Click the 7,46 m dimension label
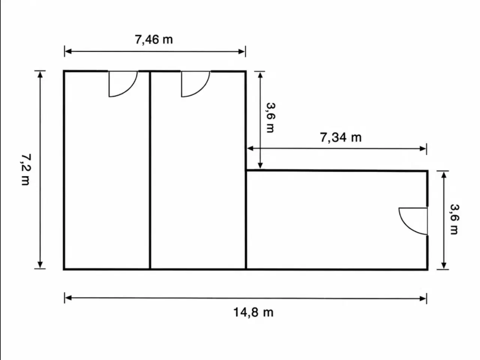tap(153, 40)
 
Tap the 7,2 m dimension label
tap(26, 169)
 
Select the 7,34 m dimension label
tap(341, 138)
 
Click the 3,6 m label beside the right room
tap(454, 219)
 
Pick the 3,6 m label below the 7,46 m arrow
tap(270, 118)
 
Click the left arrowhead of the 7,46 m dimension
tap(68, 52)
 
